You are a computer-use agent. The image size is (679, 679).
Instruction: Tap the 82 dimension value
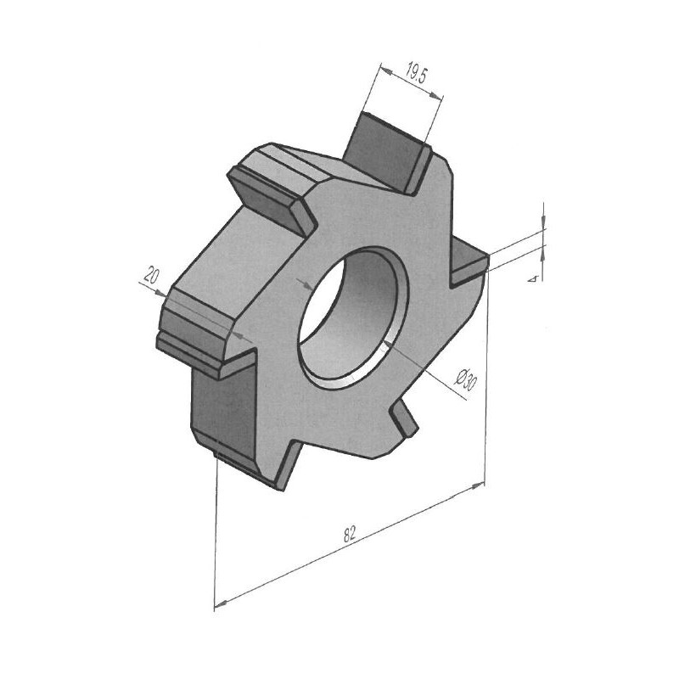pos(350,535)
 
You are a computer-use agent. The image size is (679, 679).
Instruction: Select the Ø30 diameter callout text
pos(466,379)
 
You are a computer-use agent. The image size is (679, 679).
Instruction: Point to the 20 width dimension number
pos(151,275)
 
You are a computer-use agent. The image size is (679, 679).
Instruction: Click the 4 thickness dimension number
pos(535,278)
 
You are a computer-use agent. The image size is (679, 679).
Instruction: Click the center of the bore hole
pos(353,316)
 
